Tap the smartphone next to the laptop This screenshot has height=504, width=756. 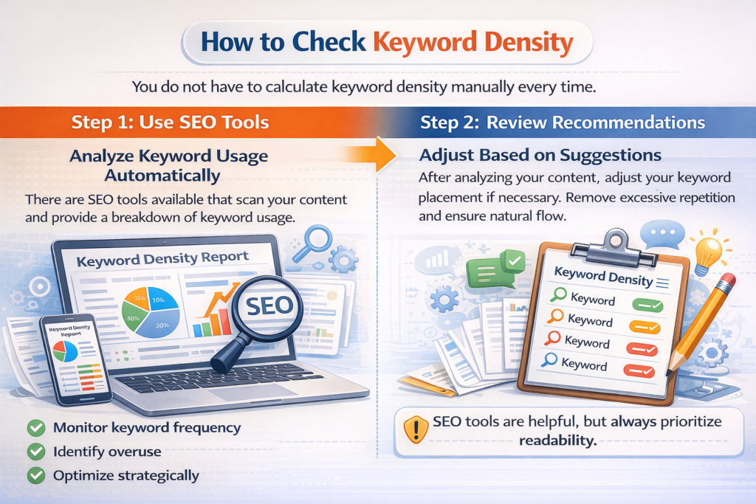click(75, 358)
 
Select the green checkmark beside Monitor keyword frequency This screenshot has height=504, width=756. click(35, 427)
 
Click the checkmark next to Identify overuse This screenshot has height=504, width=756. click(35, 452)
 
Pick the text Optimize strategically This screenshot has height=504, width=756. click(126, 475)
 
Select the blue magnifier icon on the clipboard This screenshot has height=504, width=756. click(549, 361)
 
